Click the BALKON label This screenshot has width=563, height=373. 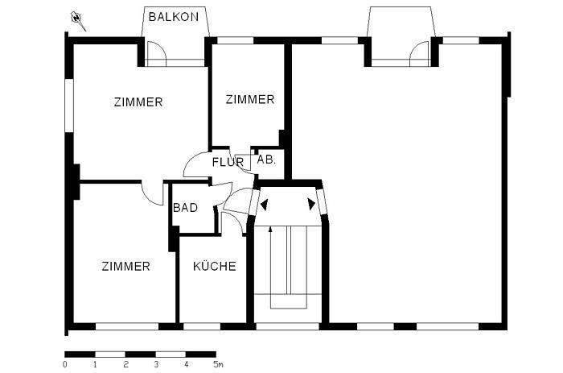pos(175,15)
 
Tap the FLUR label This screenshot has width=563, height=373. pos(228,163)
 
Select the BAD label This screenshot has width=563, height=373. pos(186,208)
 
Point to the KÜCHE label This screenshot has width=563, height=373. pos(215,266)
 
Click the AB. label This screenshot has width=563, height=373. pos(266,160)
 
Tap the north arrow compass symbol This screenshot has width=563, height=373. pos(78,19)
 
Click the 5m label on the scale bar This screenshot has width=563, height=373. pos(217,364)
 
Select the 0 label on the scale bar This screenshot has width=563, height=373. pos(64,364)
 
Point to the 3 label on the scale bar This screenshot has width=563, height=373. pos(155,364)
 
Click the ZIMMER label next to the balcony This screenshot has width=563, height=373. pos(138,102)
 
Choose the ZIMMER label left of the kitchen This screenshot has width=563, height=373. pos(125,266)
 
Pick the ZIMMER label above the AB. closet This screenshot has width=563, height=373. pos(249,100)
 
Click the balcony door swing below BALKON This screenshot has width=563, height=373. pos(158,55)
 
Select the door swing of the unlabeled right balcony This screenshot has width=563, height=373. pos(418,55)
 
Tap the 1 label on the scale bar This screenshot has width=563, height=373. pos(95,364)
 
